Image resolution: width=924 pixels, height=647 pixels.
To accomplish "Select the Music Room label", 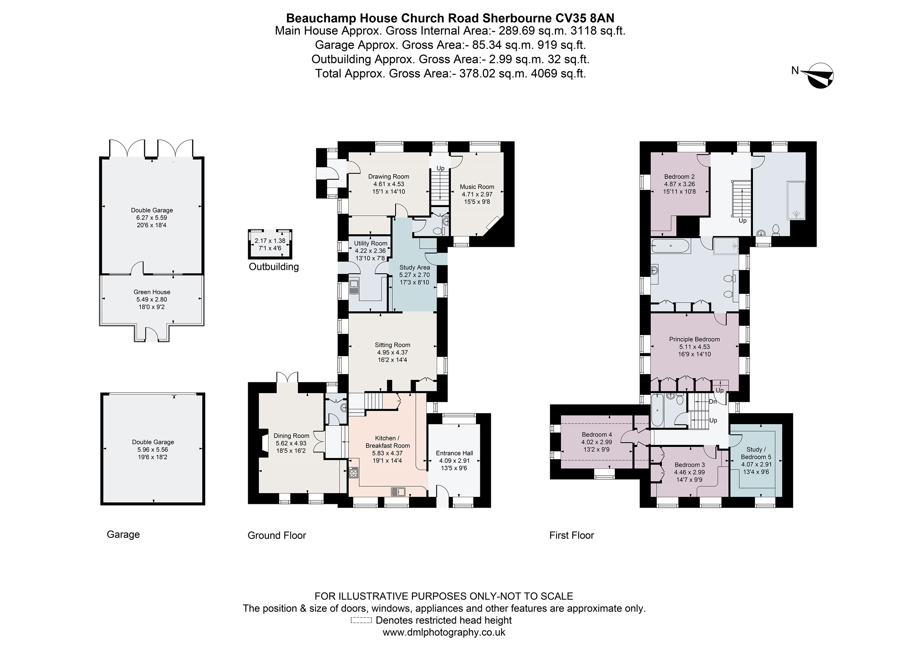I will point(477,187).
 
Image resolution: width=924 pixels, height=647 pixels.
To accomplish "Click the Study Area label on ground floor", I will point(414,267).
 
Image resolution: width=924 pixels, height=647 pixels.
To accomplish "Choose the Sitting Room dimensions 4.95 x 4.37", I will point(392,352).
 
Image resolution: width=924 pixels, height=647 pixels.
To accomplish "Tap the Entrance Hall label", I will point(454,453).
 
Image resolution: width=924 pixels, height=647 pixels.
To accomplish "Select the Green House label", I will point(152,292).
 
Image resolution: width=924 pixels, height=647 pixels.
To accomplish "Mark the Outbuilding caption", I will point(274,267).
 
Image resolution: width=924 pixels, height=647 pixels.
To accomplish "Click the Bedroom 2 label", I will point(679,176).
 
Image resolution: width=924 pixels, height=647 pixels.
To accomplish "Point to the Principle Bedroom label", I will point(694,339).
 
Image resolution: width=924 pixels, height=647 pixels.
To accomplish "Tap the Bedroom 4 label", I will point(597,434).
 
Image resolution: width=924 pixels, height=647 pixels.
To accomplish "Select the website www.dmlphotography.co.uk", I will point(444,632).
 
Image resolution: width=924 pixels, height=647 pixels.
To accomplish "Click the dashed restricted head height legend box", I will point(361,620).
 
